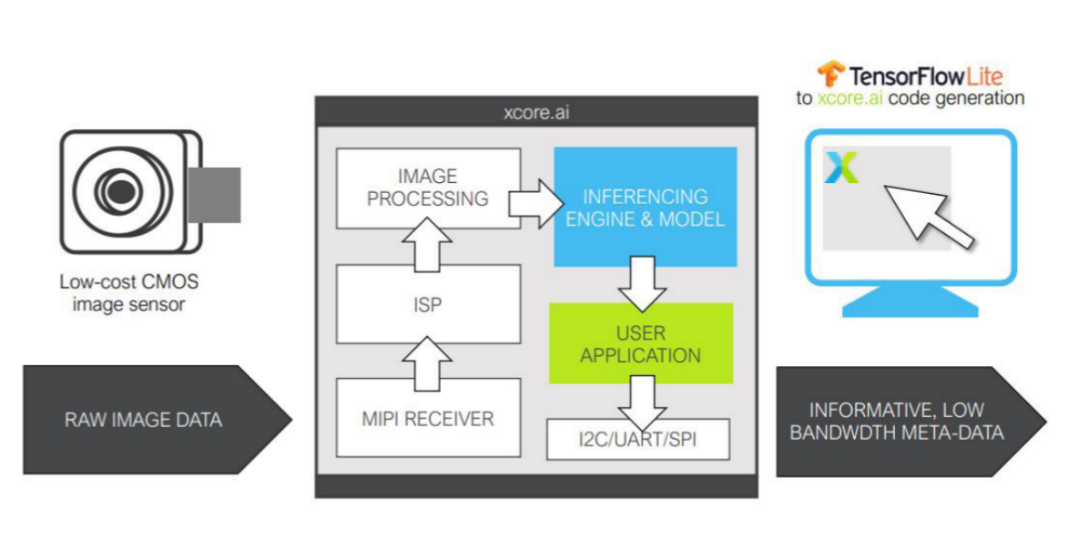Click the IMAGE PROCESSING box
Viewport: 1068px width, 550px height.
[x=427, y=188]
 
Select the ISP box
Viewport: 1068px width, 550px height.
[x=427, y=305]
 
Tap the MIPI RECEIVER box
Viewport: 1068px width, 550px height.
[x=427, y=419]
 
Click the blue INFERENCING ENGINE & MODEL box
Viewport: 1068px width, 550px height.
[x=645, y=207]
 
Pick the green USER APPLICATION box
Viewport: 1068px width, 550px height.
[x=640, y=343]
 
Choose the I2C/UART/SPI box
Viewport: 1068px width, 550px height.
[x=637, y=440]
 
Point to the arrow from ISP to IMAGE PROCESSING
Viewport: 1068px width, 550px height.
[x=427, y=244]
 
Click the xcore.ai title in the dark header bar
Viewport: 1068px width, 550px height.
[x=536, y=115]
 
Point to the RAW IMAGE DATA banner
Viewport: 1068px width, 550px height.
[x=146, y=420]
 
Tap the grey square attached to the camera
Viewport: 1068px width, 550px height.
[x=215, y=194]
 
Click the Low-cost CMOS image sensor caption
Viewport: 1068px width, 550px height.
[x=128, y=293]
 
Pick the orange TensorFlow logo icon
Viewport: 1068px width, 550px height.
[x=830, y=73]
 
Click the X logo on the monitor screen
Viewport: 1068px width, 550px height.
[x=841, y=168]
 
